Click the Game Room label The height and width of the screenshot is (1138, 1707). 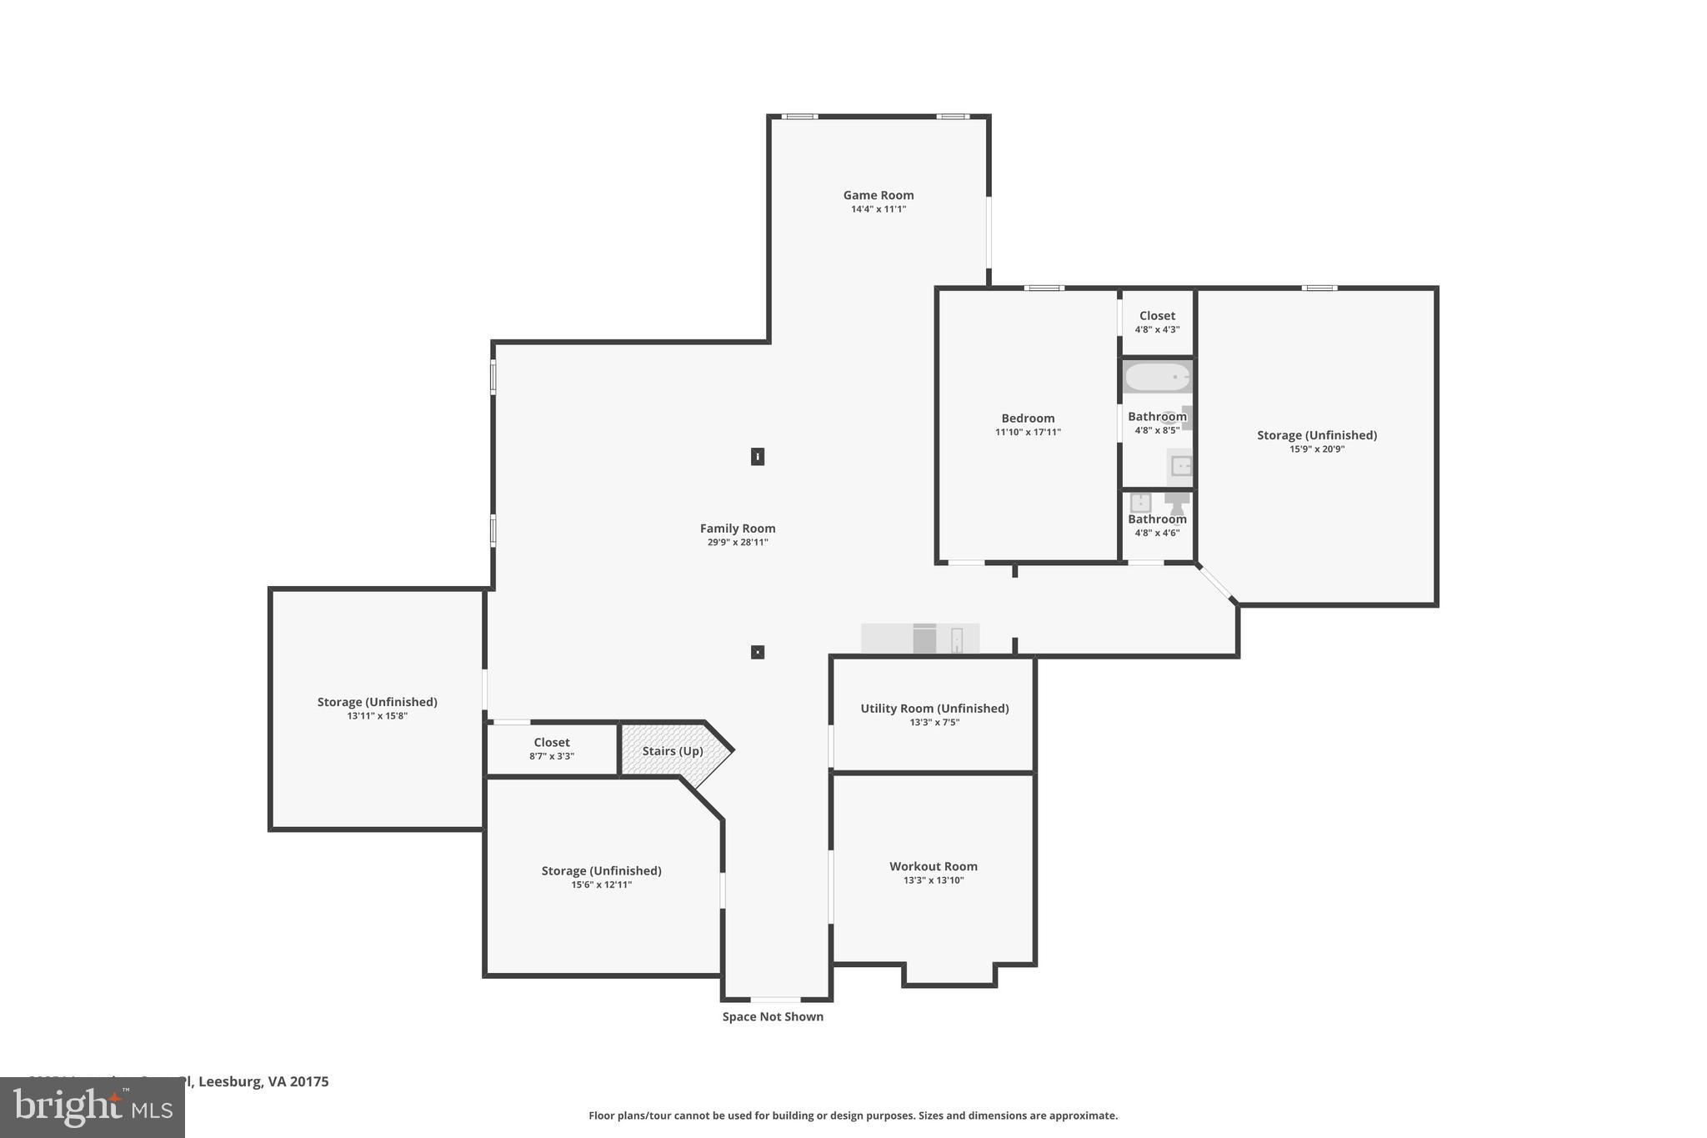pyautogui.click(x=878, y=195)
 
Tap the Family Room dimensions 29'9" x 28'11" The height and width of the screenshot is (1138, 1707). pyautogui.click(x=737, y=543)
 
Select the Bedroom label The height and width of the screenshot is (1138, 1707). pyautogui.click(x=1028, y=419)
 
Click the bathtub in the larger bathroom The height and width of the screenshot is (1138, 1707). pyautogui.click(x=1157, y=378)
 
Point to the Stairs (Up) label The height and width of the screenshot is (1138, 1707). pyautogui.click(x=672, y=751)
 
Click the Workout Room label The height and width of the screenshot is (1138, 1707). pyautogui.click(x=933, y=866)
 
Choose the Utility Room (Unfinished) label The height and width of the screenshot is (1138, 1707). pyautogui.click(x=934, y=709)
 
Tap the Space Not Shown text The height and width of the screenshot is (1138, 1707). pyautogui.click(x=773, y=1016)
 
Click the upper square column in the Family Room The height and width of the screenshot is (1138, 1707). pyautogui.click(x=758, y=457)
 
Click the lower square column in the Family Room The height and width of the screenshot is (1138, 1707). pyautogui.click(x=758, y=652)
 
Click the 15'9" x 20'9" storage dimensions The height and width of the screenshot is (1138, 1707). pyautogui.click(x=1317, y=449)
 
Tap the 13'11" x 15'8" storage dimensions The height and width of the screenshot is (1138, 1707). pyautogui.click(x=377, y=716)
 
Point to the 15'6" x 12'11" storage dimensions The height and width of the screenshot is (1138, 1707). pyautogui.click(x=601, y=885)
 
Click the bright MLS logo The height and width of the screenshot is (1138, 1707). pyautogui.click(x=93, y=1108)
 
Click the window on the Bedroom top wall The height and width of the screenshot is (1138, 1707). pyautogui.click(x=1044, y=288)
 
